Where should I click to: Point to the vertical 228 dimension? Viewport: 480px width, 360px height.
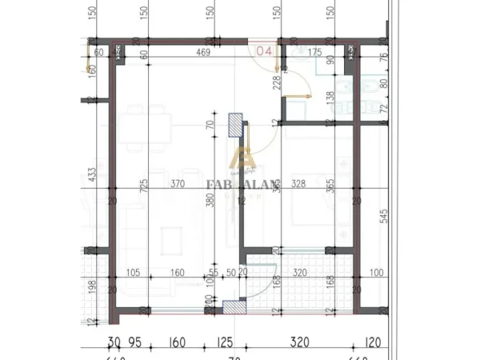[277, 82]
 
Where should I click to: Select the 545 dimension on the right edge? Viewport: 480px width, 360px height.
[384, 215]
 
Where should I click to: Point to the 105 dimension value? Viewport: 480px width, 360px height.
[134, 273]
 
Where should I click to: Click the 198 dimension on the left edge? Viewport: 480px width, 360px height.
[94, 286]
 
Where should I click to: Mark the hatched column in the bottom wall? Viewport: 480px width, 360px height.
[233, 307]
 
